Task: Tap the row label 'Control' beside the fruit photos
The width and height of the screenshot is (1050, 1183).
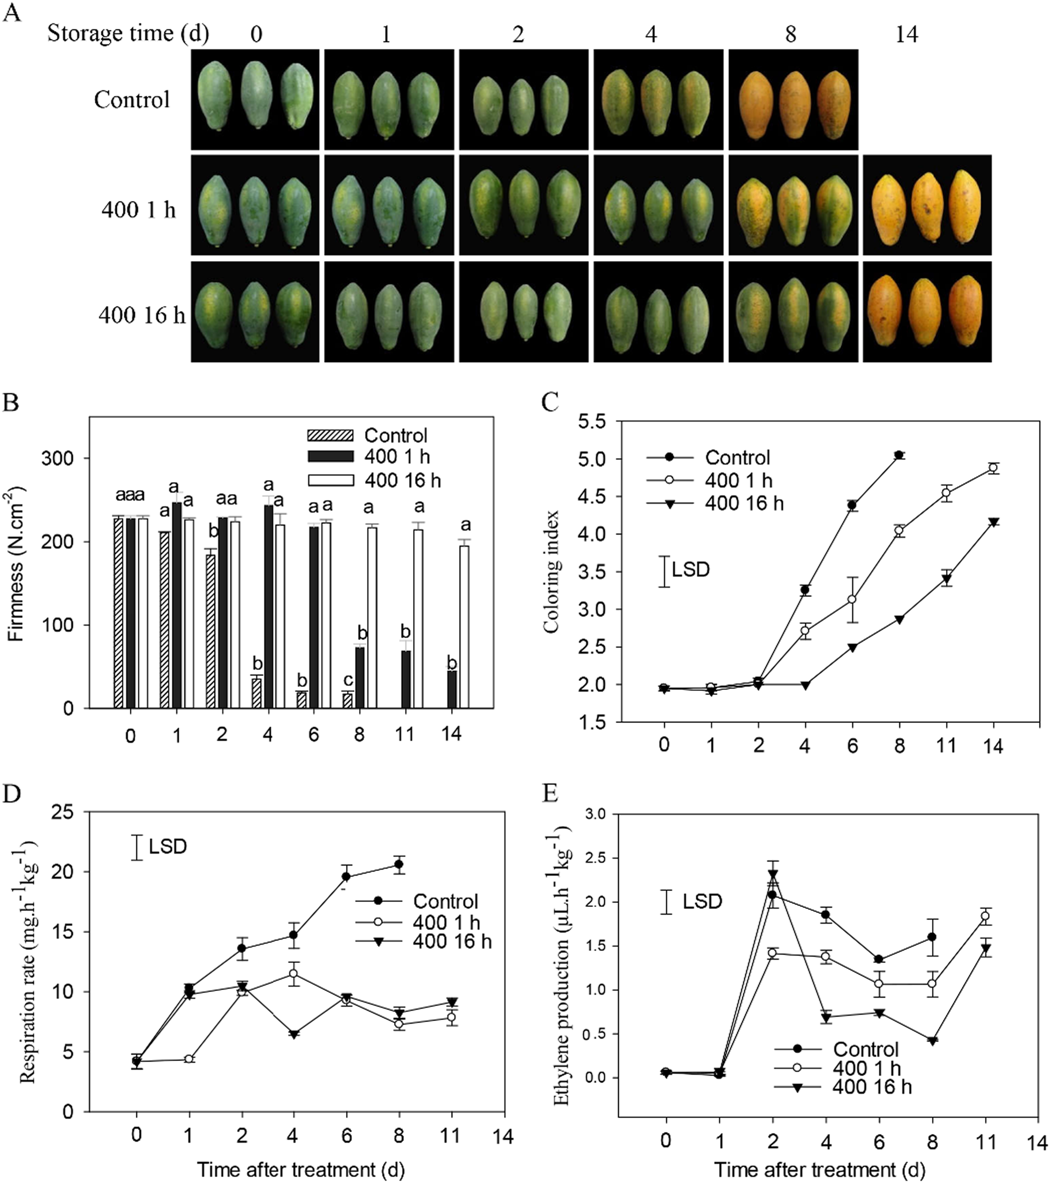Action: tap(132, 100)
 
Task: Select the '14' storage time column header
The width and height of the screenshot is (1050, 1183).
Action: tap(906, 35)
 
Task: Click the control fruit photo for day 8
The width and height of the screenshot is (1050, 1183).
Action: tap(793, 100)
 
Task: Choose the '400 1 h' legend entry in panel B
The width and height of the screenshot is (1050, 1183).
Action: tap(397, 456)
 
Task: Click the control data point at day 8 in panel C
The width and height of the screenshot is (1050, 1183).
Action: tap(899, 455)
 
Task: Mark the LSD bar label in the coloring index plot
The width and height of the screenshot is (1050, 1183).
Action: tap(690, 569)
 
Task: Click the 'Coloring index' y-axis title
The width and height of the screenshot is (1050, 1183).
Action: tap(551, 571)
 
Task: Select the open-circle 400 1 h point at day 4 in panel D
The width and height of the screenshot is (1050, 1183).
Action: tap(294, 974)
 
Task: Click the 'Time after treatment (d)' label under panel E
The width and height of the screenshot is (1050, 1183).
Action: tap(819, 1170)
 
